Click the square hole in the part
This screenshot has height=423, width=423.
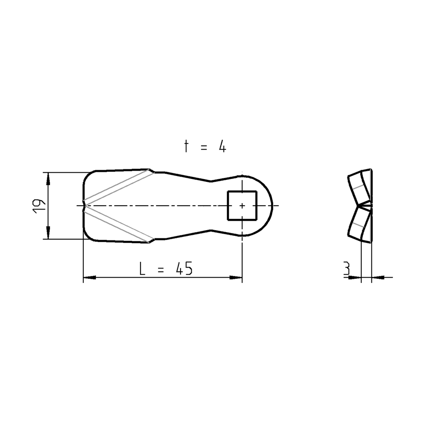pos(242,205)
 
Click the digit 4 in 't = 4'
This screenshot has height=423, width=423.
pos(222,147)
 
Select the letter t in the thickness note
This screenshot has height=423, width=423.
pos(186,147)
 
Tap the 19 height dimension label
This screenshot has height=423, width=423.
pos(39,205)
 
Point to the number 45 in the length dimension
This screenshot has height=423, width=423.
pos(184,269)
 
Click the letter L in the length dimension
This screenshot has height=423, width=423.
pos(142,269)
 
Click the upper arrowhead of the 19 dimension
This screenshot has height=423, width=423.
pos(48,178)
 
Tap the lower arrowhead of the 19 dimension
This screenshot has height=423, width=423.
pos(48,233)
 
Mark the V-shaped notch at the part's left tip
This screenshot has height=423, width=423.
pos(85,205)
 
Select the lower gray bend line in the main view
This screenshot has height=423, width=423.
pos(118,223)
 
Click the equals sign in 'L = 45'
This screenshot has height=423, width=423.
pos(161,270)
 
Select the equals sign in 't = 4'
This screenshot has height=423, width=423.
pos(204,147)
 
